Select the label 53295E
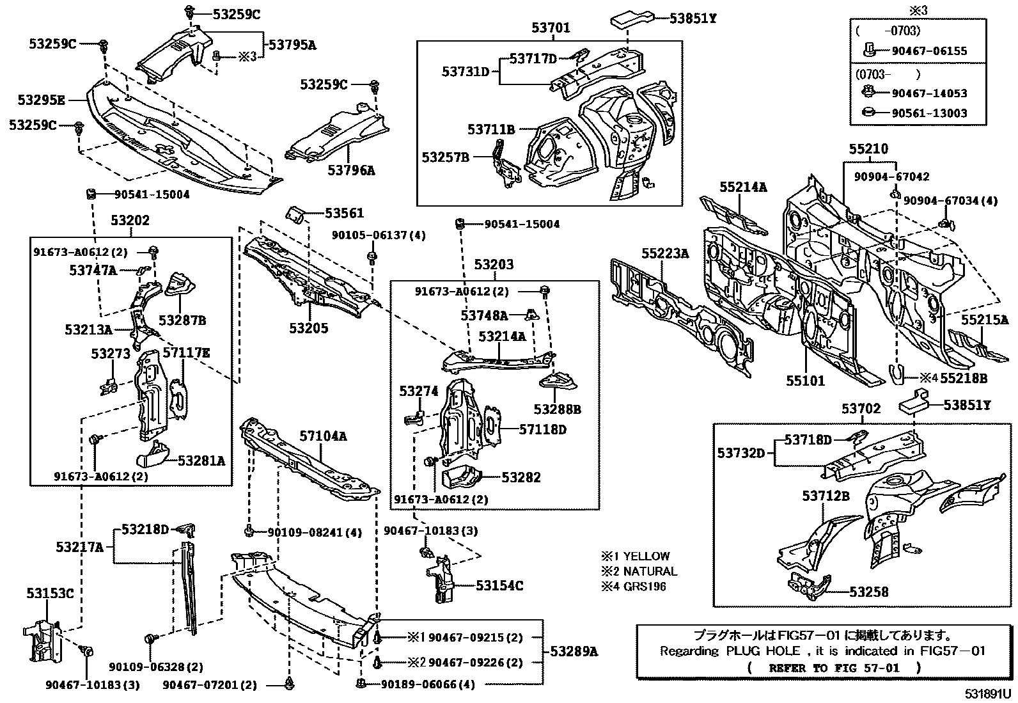[41, 100]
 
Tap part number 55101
[805, 381]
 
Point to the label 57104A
[323, 436]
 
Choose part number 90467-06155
[930, 51]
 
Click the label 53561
[344, 213]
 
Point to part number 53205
[308, 328]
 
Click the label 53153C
[50, 593]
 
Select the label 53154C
[499, 585]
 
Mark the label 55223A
[665, 254]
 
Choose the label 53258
[869, 592]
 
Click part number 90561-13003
[930, 113]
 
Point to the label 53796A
[351, 170]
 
